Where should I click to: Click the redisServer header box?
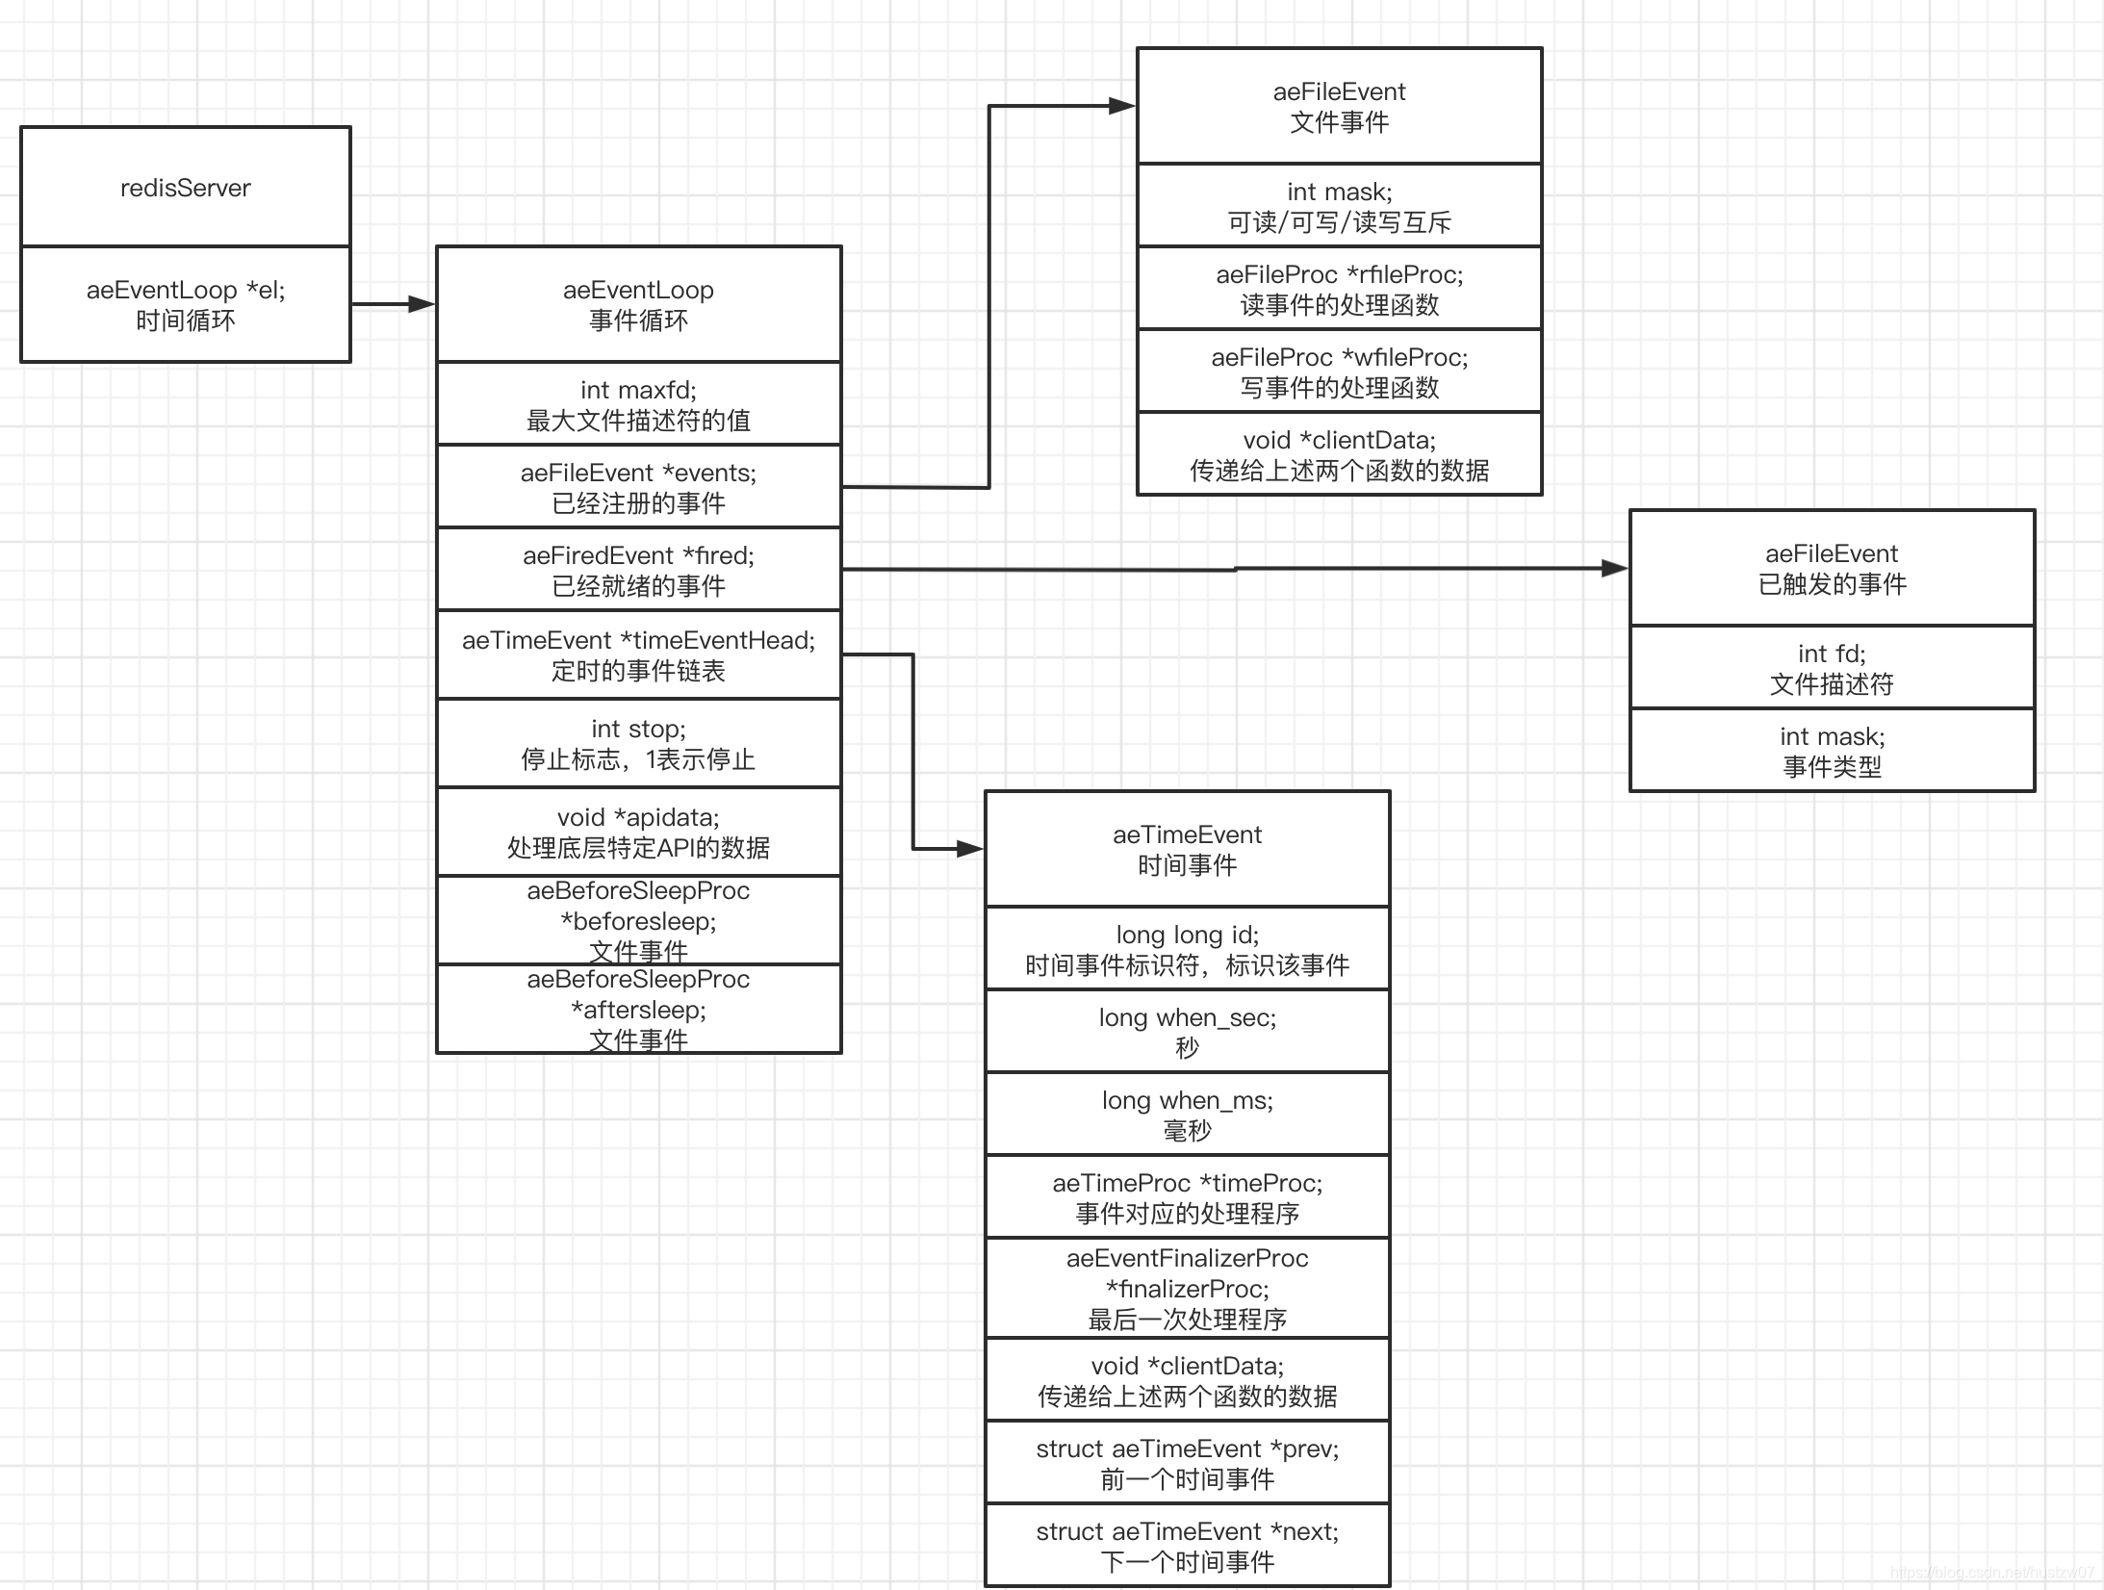point(186,187)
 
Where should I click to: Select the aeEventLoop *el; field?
point(186,304)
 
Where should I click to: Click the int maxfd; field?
point(638,404)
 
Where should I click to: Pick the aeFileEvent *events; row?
point(638,487)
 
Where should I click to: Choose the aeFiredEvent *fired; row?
point(638,570)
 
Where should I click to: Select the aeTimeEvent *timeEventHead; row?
point(638,654)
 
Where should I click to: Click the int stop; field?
point(638,743)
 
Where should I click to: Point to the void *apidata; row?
point(638,832)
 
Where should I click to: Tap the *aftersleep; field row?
point(638,1009)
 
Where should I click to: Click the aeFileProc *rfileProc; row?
point(1339,289)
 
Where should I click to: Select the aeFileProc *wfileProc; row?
point(1339,372)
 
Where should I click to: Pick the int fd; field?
point(1832,668)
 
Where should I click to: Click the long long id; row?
point(1187,949)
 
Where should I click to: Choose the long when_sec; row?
point(1187,1032)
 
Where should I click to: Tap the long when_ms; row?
point(1187,1115)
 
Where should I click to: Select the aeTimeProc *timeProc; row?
point(1187,1197)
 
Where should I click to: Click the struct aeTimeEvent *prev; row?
point(1187,1463)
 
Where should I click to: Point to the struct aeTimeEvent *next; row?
point(1187,1546)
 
